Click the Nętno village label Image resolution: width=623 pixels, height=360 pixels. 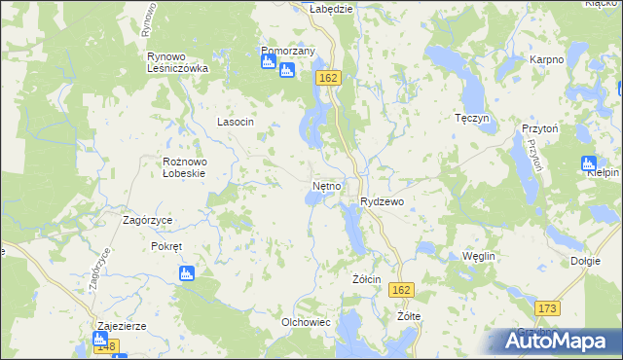point(326,184)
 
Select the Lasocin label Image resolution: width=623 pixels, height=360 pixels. point(235,122)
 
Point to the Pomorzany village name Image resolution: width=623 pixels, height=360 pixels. point(288,51)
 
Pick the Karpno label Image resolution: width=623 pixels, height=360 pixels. point(547,59)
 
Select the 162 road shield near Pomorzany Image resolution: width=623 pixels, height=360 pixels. point(327,78)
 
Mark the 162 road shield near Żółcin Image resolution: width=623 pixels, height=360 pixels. point(401,290)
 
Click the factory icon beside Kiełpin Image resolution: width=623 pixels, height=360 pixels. point(587,162)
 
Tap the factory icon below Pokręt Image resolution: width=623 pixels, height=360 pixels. point(187,274)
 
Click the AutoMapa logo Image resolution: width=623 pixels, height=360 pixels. point(556,341)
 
